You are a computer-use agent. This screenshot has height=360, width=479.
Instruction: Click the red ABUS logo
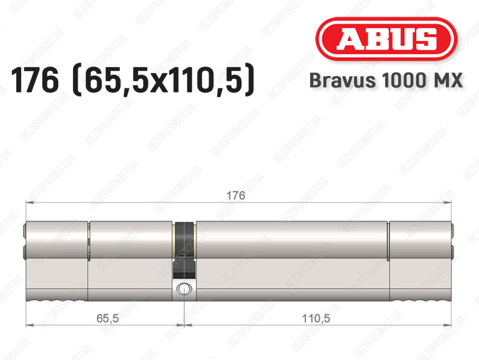tap(386, 39)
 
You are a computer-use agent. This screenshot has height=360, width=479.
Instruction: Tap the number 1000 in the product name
tap(402, 81)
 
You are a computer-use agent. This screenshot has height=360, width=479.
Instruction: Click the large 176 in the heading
tap(35, 80)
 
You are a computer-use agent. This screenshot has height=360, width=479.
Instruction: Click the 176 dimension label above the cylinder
tap(236, 195)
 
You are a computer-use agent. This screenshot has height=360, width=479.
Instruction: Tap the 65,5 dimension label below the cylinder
tap(108, 318)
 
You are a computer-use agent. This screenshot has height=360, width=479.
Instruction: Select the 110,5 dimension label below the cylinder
tap(316, 318)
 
